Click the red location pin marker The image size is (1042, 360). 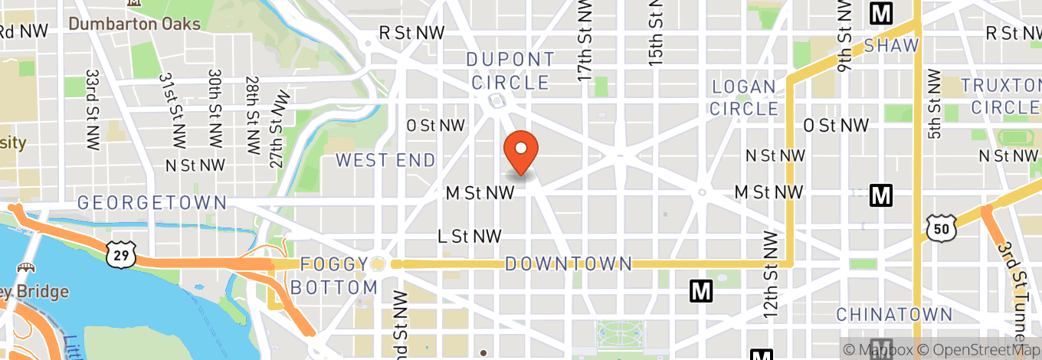pos(521,151)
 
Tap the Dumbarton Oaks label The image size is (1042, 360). pos(134,24)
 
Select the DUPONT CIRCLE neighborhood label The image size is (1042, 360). pos(510,70)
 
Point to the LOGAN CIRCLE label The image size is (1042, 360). pos(744,97)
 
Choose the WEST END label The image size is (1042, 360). pos(385,160)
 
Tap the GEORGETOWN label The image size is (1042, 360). pos(152,203)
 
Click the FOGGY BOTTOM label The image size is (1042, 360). pos(339,276)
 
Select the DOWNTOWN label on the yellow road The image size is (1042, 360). pos(569,264)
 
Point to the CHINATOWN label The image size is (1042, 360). pos(894,315)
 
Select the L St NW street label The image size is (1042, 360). pos(469,237)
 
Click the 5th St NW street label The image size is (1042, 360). pos(933,104)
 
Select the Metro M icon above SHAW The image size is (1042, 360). pos(882,13)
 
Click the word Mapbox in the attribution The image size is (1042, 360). pos(880,349)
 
